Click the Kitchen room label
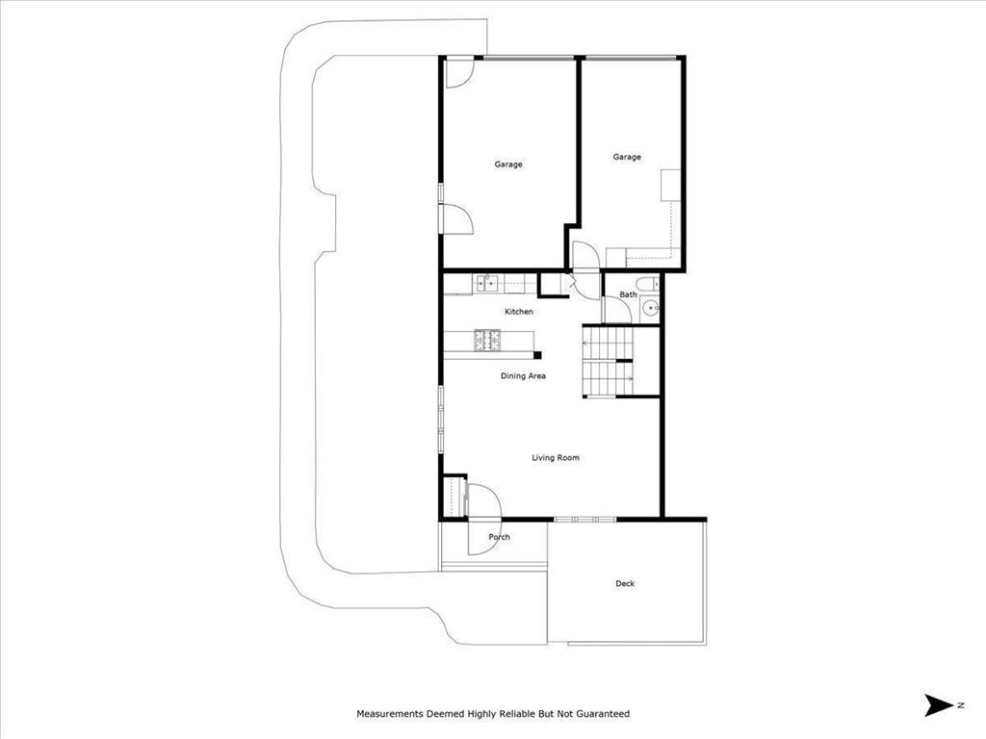tap(519, 312)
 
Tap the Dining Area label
tap(523, 376)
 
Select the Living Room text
tap(556, 458)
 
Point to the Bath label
tap(628, 294)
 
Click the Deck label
tap(625, 583)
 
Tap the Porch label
tap(499, 537)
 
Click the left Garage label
tap(508, 165)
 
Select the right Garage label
tap(627, 157)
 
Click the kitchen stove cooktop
tap(487, 339)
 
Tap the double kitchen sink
tap(487, 283)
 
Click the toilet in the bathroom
tap(651, 285)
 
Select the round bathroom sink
tap(650, 308)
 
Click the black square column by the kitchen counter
tap(537, 355)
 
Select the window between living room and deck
tap(584, 520)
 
